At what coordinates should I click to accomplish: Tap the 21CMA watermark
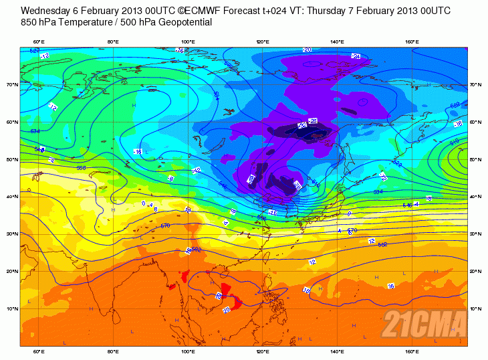423,325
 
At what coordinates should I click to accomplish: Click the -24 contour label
356,57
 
